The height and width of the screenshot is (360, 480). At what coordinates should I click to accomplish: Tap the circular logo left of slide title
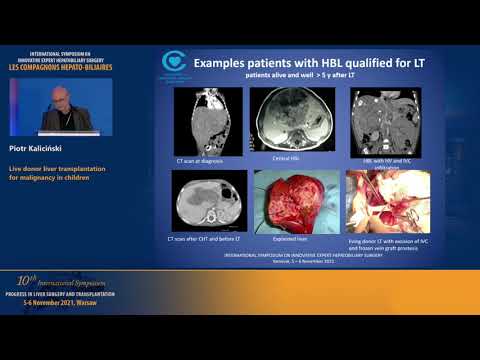174,62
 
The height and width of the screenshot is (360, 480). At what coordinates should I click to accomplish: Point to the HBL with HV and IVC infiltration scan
377,117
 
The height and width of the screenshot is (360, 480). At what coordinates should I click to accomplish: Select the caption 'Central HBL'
286,157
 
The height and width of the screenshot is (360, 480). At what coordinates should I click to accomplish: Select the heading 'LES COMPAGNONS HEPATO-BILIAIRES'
60,68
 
